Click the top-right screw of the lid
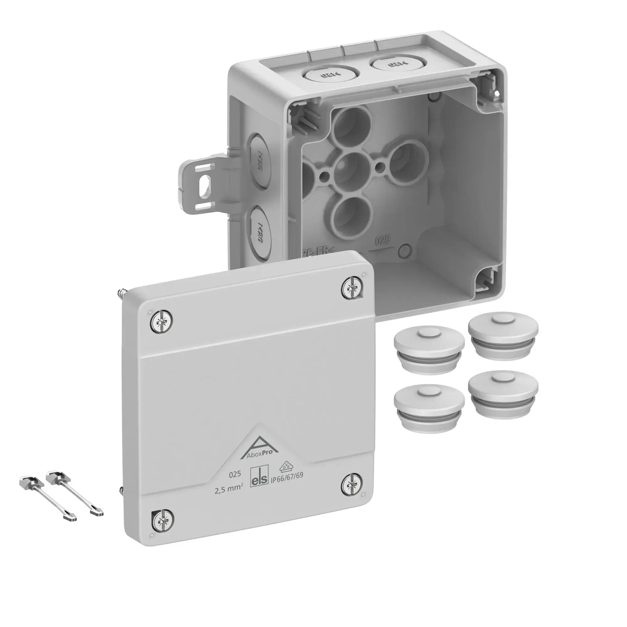(352, 287)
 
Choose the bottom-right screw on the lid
(352, 486)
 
